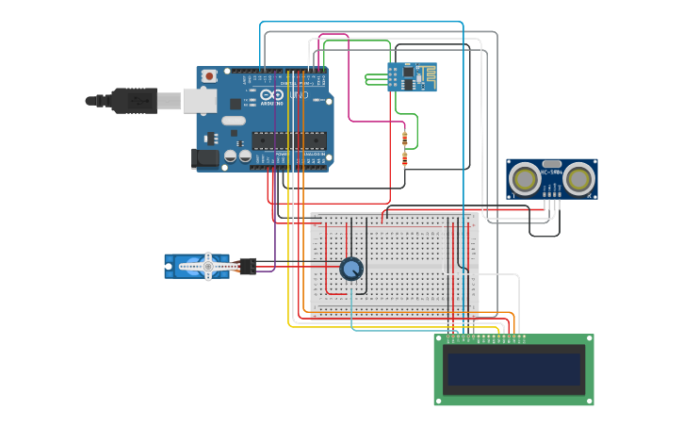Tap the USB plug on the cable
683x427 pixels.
tap(132, 99)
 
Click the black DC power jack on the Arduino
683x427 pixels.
tap(204, 158)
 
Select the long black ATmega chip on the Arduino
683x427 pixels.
tap(288, 140)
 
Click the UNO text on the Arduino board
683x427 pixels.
tap(298, 95)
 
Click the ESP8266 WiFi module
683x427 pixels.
tap(412, 77)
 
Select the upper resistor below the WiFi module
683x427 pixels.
tap(404, 140)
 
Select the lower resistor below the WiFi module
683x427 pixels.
tap(404, 158)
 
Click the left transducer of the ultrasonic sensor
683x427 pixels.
tap(523, 177)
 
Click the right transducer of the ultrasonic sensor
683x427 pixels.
tap(579, 177)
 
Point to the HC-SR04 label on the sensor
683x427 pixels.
tap(551, 172)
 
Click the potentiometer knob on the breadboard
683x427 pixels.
tap(351, 269)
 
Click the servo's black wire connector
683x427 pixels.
tap(248, 266)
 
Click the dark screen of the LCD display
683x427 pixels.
tap(513, 369)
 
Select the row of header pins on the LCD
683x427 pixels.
tap(484, 337)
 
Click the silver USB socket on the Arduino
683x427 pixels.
tap(199, 100)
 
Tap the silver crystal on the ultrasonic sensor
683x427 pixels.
tap(551, 164)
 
